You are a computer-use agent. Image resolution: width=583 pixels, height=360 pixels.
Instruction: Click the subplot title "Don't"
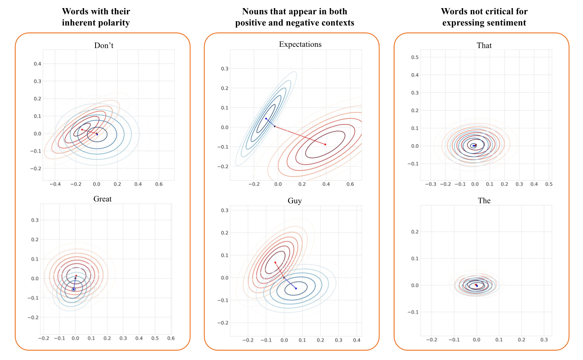point(104,45)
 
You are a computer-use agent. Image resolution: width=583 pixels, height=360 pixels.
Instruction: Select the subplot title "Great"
point(103,199)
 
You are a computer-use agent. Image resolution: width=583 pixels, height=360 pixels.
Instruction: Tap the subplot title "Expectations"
point(300,44)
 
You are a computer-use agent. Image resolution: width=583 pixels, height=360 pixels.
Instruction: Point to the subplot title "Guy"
point(294,200)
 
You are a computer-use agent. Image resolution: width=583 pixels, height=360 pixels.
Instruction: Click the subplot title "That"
point(484,45)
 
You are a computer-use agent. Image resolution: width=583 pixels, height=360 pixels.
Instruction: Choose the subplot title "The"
point(484,200)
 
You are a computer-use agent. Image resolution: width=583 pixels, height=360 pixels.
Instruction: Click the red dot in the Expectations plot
point(325,144)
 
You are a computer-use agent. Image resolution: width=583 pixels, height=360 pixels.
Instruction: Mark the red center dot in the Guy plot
point(275,263)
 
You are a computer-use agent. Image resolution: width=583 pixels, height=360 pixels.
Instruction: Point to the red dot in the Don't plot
point(82,130)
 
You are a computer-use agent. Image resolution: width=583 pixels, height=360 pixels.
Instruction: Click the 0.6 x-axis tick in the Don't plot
point(159,184)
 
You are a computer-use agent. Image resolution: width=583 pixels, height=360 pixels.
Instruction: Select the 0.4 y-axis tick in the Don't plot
point(37,64)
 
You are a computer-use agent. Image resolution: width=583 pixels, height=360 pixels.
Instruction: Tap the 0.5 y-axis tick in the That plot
point(415,57)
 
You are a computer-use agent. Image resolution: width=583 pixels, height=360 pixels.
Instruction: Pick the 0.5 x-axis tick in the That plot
point(549,184)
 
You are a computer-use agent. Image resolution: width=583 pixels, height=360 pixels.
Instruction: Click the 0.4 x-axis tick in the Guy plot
point(357,340)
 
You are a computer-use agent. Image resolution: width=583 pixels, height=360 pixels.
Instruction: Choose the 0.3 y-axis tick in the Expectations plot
point(225,69)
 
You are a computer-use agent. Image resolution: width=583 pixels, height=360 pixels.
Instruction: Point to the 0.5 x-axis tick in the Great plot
point(155,338)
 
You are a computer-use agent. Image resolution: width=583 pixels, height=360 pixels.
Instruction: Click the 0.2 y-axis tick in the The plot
point(415,232)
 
